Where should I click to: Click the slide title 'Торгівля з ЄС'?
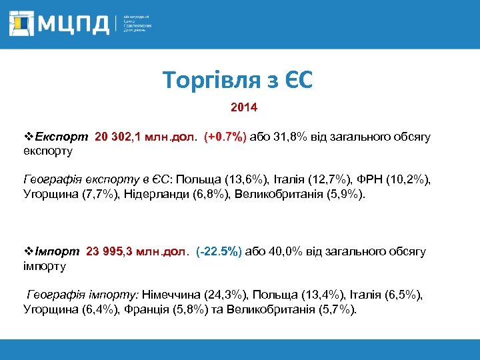(238, 81)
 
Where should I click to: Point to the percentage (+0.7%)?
(225, 137)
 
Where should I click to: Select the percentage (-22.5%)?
(220, 251)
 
